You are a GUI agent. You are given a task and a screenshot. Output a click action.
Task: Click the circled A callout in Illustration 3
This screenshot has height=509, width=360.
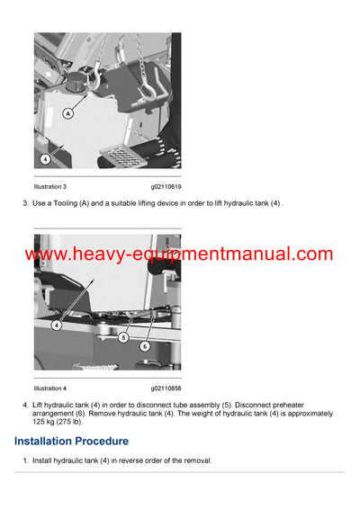68,113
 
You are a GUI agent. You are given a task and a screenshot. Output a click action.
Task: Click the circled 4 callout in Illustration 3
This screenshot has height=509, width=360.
44,158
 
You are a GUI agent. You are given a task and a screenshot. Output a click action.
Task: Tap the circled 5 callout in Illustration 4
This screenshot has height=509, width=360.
122,337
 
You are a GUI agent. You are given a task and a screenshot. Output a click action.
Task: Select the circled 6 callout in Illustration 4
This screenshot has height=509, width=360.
145,344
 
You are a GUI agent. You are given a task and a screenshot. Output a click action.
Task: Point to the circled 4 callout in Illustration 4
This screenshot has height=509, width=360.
56,325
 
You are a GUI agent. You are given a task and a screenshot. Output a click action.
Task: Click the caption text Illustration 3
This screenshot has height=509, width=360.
50,186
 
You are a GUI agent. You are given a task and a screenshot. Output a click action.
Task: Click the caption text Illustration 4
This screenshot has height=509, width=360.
50,388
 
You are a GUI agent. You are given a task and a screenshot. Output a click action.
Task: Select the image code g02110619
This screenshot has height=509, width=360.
166,186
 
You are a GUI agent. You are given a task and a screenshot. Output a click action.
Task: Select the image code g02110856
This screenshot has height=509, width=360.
166,388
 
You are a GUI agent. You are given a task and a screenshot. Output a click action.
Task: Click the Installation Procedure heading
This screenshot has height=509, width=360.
71,442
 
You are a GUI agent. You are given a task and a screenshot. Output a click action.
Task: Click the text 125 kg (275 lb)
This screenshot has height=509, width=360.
57,421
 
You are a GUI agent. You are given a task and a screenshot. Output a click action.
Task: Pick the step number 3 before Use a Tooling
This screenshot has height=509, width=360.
24,204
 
